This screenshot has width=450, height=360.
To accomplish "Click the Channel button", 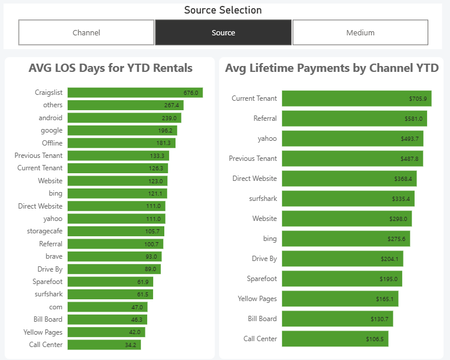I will (x=86, y=32).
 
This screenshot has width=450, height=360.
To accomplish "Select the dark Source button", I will (x=223, y=32).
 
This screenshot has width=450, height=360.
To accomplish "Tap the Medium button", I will (x=360, y=32).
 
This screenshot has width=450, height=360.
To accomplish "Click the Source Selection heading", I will (x=223, y=10).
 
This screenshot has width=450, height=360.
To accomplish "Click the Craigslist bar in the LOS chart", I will (x=135, y=93).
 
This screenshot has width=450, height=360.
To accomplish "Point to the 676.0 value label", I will (x=191, y=93).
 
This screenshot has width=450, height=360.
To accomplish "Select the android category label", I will (x=51, y=118).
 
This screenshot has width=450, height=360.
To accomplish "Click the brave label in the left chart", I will (x=54, y=256).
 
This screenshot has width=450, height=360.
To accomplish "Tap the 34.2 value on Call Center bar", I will (x=130, y=345).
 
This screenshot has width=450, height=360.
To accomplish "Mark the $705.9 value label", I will (x=418, y=99).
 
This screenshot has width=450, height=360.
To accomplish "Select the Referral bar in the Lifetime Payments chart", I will (x=354, y=118).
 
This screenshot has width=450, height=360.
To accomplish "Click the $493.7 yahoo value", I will (x=409, y=138).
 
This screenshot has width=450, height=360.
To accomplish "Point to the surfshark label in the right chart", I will (x=263, y=199).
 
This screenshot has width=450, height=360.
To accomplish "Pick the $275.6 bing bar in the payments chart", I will (x=346, y=239).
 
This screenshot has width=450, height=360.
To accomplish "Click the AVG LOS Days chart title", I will (x=110, y=68).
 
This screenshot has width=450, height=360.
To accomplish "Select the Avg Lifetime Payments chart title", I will (x=332, y=68).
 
